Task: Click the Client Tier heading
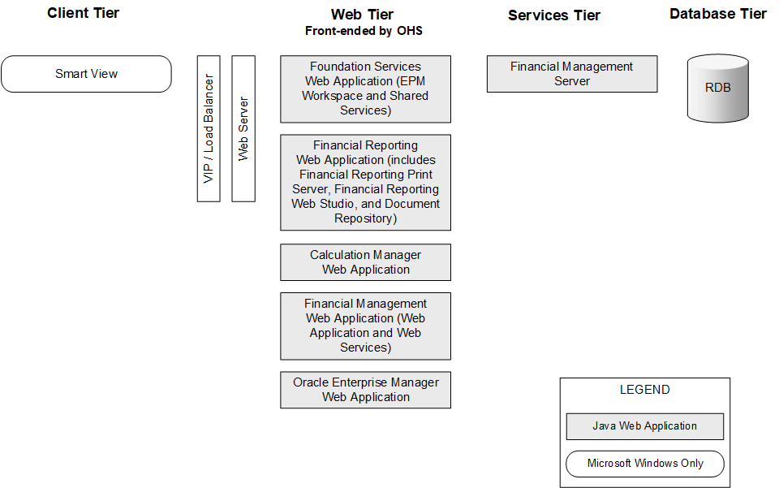click(83, 13)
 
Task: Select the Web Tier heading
click(364, 15)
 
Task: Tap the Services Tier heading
click(554, 15)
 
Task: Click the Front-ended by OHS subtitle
click(364, 32)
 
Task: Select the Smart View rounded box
click(86, 74)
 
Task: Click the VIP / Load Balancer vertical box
click(209, 128)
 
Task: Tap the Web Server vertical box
click(243, 128)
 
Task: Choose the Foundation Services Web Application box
click(365, 89)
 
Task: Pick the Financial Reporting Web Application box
click(365, 182)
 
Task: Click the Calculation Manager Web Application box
click(365, 262)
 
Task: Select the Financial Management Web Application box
click(365, 326)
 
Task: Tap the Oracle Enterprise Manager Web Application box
click(365, 390)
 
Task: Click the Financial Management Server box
click(571, 74)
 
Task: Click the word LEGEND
click(644, 390)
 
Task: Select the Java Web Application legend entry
click(644, 426)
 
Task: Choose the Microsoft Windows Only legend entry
click(644, 464)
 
